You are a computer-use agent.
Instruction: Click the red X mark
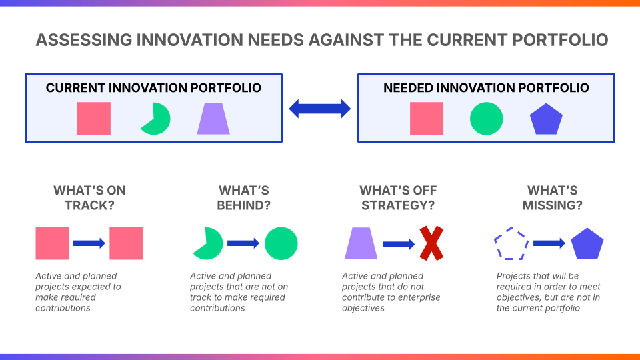[431, 243]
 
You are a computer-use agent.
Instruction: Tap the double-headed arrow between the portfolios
[319, 109]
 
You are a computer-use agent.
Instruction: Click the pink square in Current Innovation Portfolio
[94, 119]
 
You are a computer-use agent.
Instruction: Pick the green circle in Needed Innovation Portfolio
[486, 119]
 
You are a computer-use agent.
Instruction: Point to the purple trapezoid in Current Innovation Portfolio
[213, 119]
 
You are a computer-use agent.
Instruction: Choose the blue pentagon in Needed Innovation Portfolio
[546, 119]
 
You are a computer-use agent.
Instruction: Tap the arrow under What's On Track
[89, 243]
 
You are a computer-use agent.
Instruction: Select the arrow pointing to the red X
[399, 244]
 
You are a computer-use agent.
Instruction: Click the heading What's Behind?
[244, 197]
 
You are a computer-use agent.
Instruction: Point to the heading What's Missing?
[552, 197]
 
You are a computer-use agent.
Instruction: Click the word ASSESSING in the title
[83, 40]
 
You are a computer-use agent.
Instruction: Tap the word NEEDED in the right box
[408, 88]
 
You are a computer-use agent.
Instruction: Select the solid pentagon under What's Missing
[587, 244]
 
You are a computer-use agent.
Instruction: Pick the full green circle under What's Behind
[281, 243]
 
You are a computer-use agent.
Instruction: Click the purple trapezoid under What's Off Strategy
[361, 243]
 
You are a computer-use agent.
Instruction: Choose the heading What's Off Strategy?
[398, 197]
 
